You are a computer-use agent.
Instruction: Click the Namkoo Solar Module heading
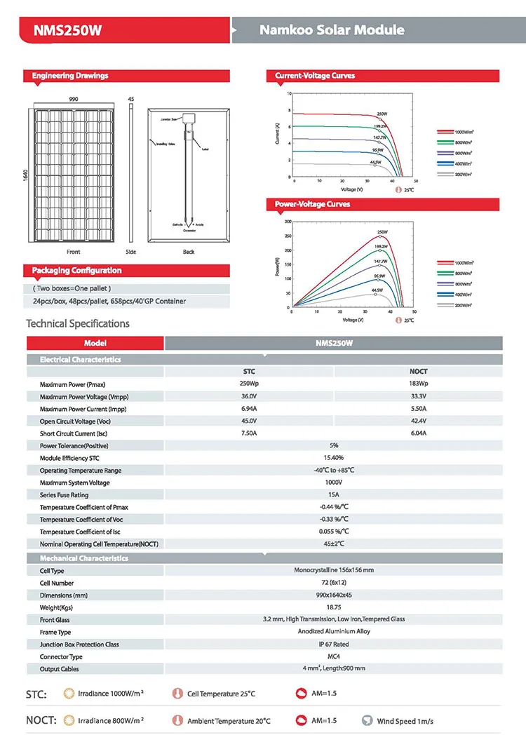tap(332, 30)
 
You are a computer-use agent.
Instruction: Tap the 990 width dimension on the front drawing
tap(73, 100)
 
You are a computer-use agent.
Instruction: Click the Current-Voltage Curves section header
tap(315, 76)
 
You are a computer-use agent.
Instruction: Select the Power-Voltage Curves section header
tap(312, 204)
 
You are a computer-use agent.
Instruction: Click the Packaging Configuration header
tap(76, 271)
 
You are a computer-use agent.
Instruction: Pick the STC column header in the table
tap(249, 372)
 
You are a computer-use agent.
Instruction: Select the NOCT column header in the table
tap(418, 372)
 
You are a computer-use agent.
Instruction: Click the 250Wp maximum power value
tap(249, 384)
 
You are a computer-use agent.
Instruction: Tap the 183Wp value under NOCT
tap(418, 384)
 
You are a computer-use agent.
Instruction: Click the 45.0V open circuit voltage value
tap(249, 421)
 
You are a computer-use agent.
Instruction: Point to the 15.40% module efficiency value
tap(334, 458)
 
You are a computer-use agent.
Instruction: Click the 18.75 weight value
tap(334, 607)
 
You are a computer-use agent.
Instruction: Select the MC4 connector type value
tap(334, 656)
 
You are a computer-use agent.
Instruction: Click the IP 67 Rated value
tap(334, 644)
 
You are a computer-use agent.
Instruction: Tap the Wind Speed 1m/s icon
tap(367, 720)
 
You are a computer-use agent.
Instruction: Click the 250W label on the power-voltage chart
tap(382, 232)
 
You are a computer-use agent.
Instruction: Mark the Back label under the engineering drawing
tap(189, 252)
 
